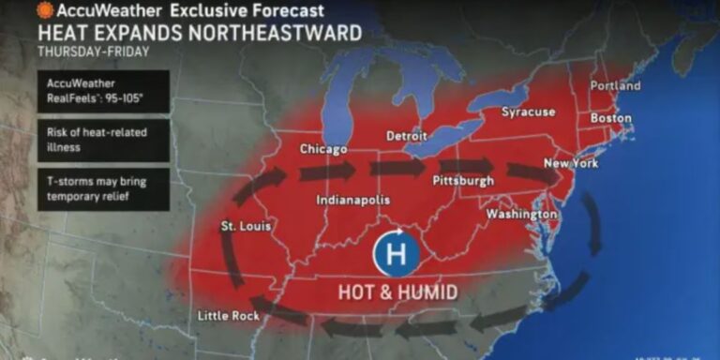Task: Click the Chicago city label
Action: coord(323,150)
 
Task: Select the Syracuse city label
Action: coord(528,112)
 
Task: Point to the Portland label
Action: coord(616,86)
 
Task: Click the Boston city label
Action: coord(610,119)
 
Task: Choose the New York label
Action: coord(571,163)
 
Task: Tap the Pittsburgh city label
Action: coord(463,180)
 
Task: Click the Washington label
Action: coord(521,215)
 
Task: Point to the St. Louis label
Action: coord(241,227)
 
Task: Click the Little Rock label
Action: coord(229,316)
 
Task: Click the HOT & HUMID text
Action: coord(398,292)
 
